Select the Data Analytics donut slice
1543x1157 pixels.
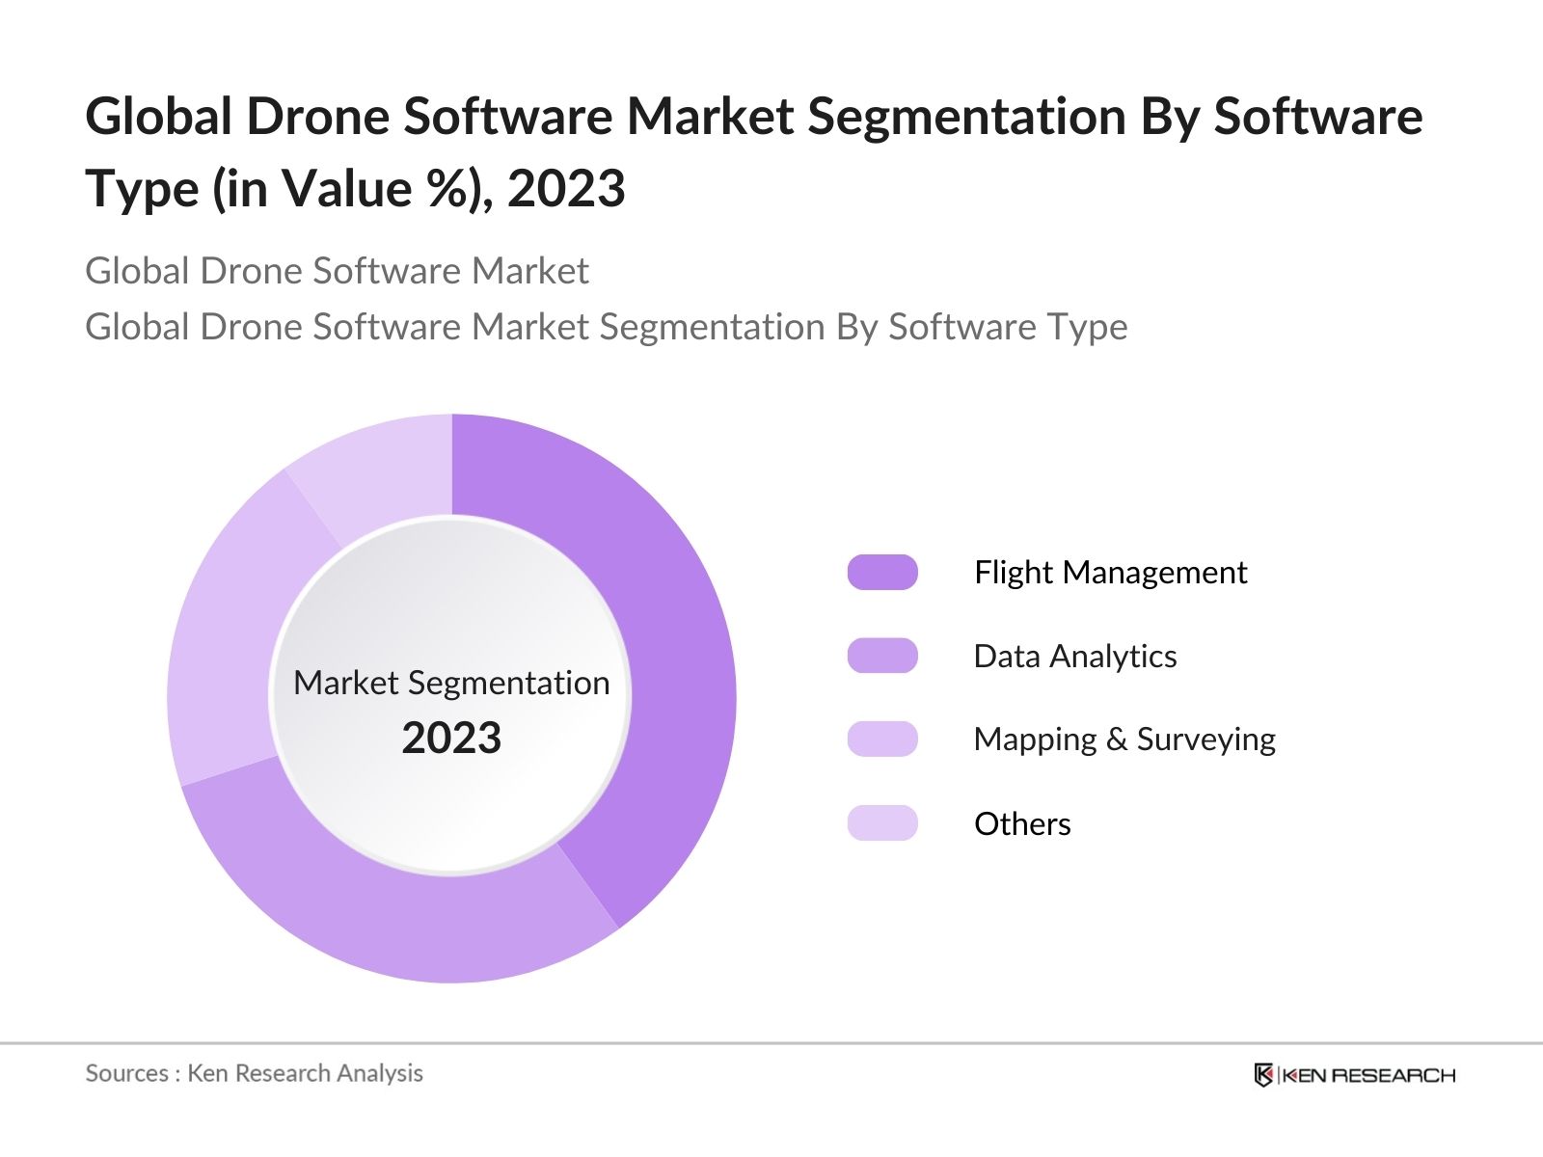point(405,916)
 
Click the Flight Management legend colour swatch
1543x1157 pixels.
point(881,572)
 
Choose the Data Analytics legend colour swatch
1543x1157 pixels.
point(881,656)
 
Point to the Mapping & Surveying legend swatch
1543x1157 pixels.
point(881,739)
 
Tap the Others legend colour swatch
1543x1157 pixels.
point(881,823)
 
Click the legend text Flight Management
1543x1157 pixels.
point(1110,572)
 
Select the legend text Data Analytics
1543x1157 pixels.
point(1074,656)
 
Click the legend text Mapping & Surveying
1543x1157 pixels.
point(1123,740)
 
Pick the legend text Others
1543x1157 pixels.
point(1022,823)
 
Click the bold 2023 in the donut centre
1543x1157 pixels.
point(451,738)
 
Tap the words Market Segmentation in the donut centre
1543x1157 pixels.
point(451,683)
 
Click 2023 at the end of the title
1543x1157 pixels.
point(566,188)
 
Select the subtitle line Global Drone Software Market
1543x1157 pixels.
point(337,271)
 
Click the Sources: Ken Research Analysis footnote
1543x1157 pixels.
point(254,1073)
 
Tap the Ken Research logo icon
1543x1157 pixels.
point(1263,1075)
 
